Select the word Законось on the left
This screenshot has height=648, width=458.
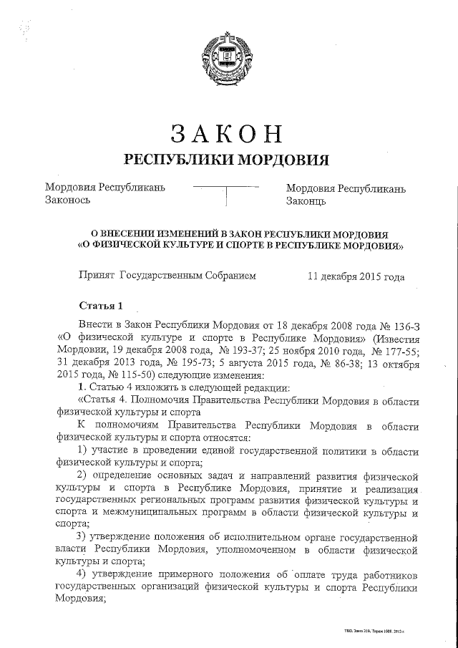click(x=67, y=201)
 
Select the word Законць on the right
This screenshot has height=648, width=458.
click(x=306, y=201)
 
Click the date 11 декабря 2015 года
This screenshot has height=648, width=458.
click(x=355, y=276)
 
